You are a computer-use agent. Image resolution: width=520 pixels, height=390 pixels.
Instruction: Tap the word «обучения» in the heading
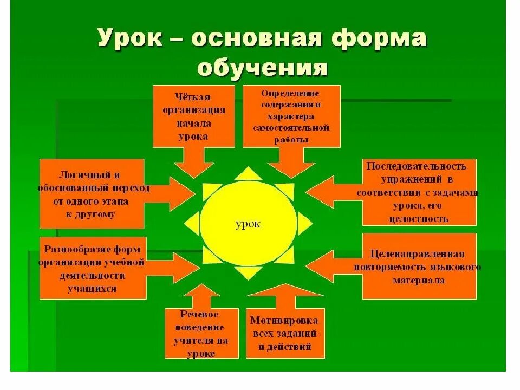[262, 69]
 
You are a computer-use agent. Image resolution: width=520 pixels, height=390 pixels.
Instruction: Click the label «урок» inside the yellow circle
[248, 224]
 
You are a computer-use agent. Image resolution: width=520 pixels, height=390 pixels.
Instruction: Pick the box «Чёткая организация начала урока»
[193, 116]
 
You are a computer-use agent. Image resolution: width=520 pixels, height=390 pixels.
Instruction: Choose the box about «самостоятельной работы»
[291, 116]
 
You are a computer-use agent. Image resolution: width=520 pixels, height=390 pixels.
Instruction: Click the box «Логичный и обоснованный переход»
[92, 193]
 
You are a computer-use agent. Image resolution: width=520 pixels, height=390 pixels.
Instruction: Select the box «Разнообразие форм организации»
[93, 268]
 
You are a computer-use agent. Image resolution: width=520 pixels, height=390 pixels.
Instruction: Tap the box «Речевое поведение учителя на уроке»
[201, 333]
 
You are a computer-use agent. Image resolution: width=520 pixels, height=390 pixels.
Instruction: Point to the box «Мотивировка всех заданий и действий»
[285, 333]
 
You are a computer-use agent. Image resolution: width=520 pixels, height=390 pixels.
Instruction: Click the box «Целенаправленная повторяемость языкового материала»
[419, 266]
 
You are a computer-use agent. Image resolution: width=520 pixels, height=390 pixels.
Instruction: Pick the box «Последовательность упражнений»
[419, 192]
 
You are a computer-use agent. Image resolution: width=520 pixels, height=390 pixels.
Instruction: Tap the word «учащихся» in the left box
[93, 288]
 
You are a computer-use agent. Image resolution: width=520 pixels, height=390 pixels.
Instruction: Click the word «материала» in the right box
[419, 280]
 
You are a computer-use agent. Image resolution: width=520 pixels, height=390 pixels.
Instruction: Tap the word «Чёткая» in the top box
[193, 96]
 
